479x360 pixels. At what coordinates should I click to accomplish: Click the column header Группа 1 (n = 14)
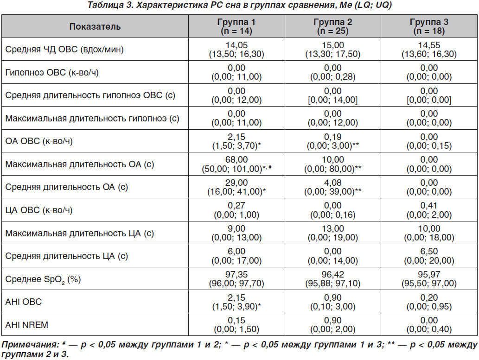point(236,26)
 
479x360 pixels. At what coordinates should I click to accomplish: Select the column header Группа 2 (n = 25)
point(332,26)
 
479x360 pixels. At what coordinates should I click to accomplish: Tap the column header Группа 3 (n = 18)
point(429,26)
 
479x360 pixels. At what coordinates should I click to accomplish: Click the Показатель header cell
point(95,26)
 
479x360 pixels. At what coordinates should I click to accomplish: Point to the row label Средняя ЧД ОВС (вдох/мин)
point(64,50)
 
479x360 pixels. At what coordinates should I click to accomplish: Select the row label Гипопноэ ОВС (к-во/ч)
point(52,72)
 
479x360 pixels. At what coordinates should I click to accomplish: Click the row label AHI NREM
point(26,325)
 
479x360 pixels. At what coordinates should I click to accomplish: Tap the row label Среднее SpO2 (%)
point(43,279)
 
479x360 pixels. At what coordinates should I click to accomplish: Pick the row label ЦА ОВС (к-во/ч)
point(39,210)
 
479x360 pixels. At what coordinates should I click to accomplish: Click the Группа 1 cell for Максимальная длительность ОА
point(236,164)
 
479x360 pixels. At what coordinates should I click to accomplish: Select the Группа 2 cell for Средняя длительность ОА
point(332,187)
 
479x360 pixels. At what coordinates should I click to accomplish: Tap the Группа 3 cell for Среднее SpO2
point(429,279)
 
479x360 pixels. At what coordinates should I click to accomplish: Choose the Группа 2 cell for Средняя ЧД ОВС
point(332,50)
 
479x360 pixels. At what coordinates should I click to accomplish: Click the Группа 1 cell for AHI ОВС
point(236,302)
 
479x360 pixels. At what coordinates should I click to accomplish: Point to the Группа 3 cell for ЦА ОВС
point(429,210)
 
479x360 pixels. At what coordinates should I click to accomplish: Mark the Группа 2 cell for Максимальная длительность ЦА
point(332,233)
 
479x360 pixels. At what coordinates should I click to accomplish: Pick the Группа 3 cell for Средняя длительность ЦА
point(429,256)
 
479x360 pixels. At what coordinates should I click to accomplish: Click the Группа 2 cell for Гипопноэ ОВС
point(332,72)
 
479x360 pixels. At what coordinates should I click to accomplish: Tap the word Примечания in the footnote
point(30,345)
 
